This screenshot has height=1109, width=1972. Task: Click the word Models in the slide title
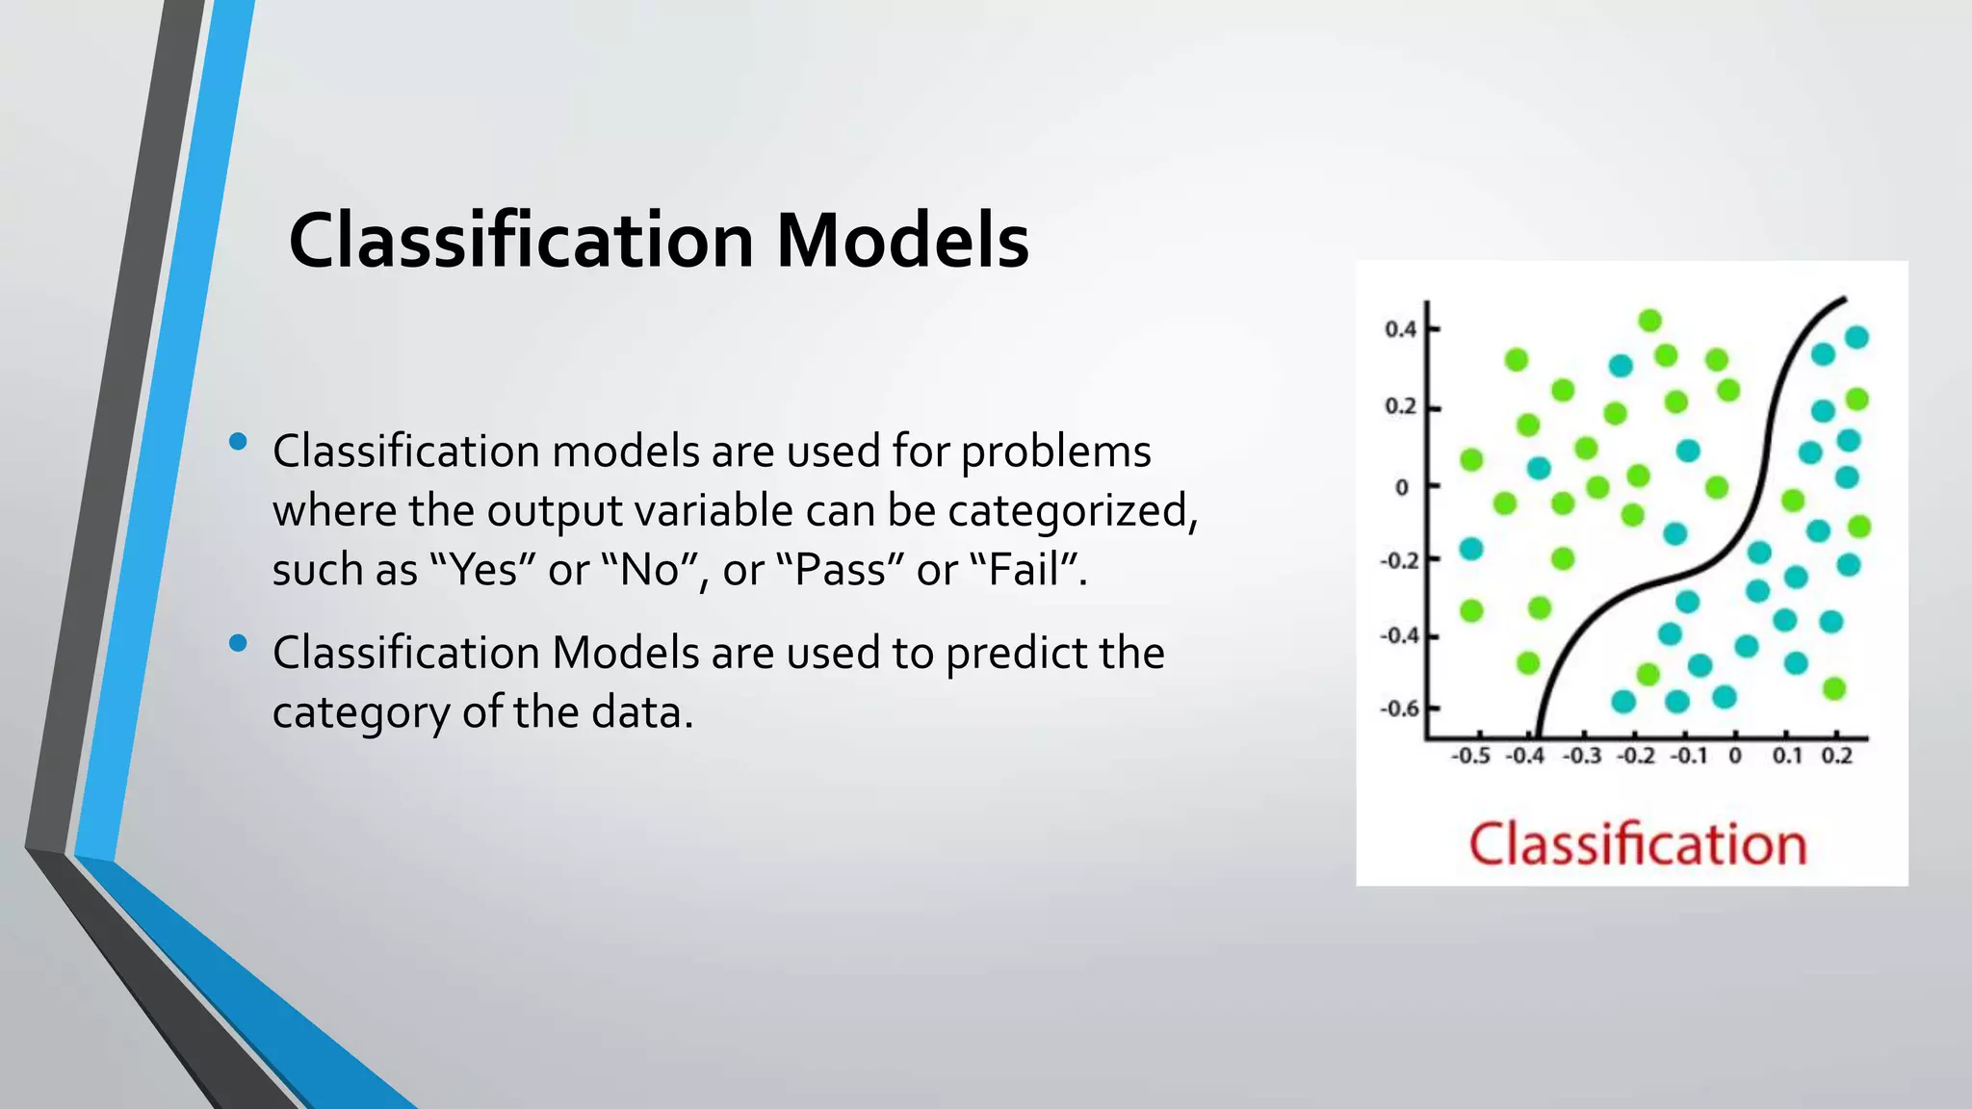901,241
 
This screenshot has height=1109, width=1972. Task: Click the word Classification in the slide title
521,241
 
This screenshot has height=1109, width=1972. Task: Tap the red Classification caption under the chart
1637,844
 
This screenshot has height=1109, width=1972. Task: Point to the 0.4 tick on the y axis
1400,329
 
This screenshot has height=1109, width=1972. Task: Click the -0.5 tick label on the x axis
1469,756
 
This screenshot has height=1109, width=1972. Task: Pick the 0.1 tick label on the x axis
1787,756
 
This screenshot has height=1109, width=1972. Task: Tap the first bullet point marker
238,442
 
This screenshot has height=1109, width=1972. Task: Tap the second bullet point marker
238,643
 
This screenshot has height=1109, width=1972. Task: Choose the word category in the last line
360,714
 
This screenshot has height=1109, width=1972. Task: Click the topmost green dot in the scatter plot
1649,321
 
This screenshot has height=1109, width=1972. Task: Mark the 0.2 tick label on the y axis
1400,406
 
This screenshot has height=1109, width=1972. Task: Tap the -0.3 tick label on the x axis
1580,756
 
